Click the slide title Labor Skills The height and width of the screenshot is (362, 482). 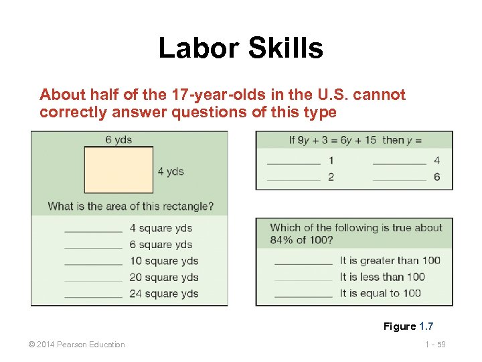(x=240, y=48)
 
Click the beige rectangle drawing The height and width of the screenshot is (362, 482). (x=118, y=170)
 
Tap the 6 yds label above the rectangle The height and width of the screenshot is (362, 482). (x=118, y=139)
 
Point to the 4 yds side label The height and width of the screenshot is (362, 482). (x=171, y=171)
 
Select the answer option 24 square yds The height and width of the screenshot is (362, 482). (x=164, y=294)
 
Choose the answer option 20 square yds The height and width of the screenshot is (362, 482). (x=164, y=278)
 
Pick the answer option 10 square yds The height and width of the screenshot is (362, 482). (x=164, y=261)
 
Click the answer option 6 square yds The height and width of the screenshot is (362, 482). (x=161, y=245)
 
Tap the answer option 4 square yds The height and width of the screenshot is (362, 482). (x=161, y=228)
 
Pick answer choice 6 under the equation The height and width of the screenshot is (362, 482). (x=437, y=177)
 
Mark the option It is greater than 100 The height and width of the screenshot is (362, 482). (x=390, y=260)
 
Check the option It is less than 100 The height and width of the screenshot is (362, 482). (x=382, y=276)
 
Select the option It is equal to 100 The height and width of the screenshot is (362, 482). (x=380, y=293)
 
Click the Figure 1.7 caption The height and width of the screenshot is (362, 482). (x=408, y=326)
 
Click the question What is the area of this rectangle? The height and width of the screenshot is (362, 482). (x=131, y=206)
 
